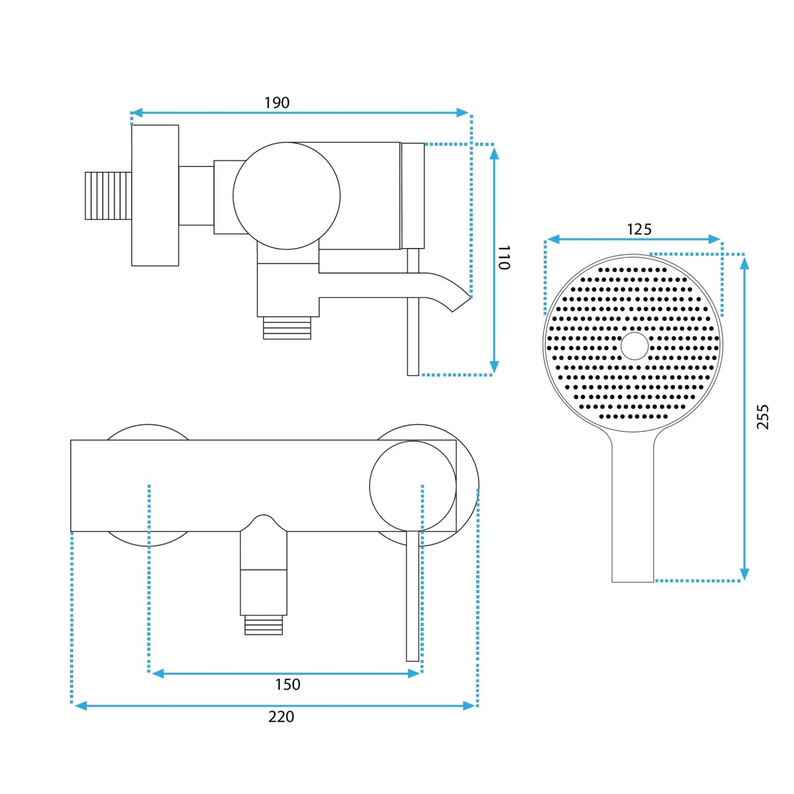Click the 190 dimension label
point(277,102)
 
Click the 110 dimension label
point(504,257)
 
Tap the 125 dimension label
point(639,229)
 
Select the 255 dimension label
point(763,417)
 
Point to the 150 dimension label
point(288,684)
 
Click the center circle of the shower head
point(635,346)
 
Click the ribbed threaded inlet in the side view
point(108,196)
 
